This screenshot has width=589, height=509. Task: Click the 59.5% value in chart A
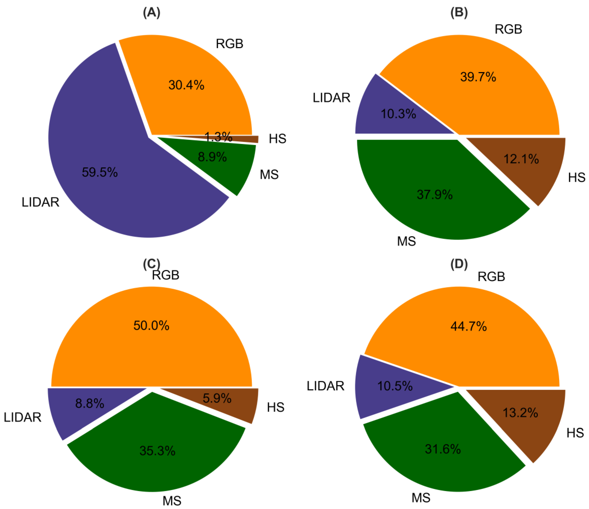[100, 172]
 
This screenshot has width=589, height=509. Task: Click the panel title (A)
[151, 13]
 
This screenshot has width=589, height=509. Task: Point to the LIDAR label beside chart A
[40, 202]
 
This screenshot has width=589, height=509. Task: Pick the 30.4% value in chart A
[186, 85]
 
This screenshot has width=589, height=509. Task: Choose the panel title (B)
[459, 13]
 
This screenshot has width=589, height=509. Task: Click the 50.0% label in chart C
[151, 325]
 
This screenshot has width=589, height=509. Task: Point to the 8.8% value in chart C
[90, 403]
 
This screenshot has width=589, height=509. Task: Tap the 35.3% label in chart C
[157, 451]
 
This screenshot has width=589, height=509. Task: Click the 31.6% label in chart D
[443, 449]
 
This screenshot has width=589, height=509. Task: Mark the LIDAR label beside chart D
[325, 386]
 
